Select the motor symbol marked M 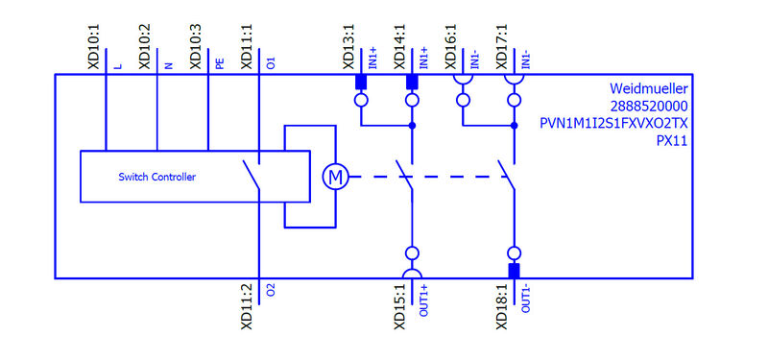coord(334,177)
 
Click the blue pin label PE coord(220,63)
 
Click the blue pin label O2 coord(271,289)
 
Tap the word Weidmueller coord(650,87)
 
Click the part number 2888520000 coord(651,106)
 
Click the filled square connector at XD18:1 coord(514,270)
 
